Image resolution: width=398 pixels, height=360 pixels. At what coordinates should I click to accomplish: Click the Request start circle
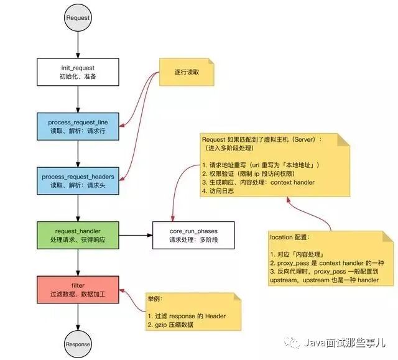(x=78, y=18)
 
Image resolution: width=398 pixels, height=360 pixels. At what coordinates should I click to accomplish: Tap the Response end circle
(x=78, y=344)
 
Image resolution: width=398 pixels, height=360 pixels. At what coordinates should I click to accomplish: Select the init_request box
(x=78, y=72)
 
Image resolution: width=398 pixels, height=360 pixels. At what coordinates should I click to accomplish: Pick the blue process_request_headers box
(x=78, y=180)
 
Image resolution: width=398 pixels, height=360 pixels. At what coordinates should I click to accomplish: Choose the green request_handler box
(x=78, y=234)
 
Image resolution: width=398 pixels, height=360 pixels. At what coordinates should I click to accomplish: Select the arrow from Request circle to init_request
(x=78, y=44)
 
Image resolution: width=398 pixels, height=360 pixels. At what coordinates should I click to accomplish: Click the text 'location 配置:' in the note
(x=290, y=238)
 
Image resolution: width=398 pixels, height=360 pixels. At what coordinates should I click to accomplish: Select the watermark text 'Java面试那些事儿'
(x=346, y=343)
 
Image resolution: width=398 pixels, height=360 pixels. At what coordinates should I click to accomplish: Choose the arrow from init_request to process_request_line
(x=78, y=98)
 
